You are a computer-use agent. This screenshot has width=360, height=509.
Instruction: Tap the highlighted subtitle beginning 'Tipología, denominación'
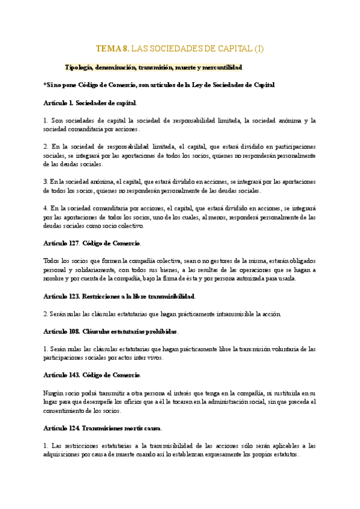[x=154, y=67]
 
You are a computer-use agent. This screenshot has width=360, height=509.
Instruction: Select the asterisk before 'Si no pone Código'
[x=46, y=85]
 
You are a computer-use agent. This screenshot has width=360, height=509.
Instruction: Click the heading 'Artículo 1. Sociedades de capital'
[x=91, y=103]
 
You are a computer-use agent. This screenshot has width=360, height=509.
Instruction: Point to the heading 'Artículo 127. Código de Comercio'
[x=92, y=243]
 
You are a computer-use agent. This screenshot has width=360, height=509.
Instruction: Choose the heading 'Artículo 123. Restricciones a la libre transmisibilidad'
[x=120, y=296]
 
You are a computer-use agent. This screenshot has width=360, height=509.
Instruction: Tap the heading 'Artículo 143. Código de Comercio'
[x=92, y=375]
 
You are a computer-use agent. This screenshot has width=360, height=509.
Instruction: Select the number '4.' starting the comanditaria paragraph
[x=46, y=208]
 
